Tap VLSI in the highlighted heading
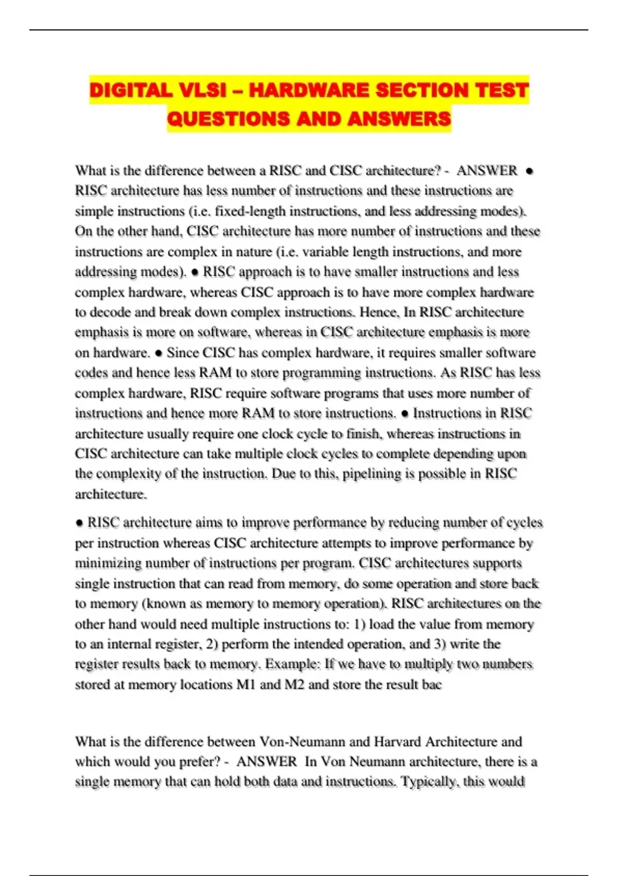202,91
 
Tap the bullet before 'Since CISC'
159,353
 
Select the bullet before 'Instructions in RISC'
405,414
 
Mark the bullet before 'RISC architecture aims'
79,523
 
